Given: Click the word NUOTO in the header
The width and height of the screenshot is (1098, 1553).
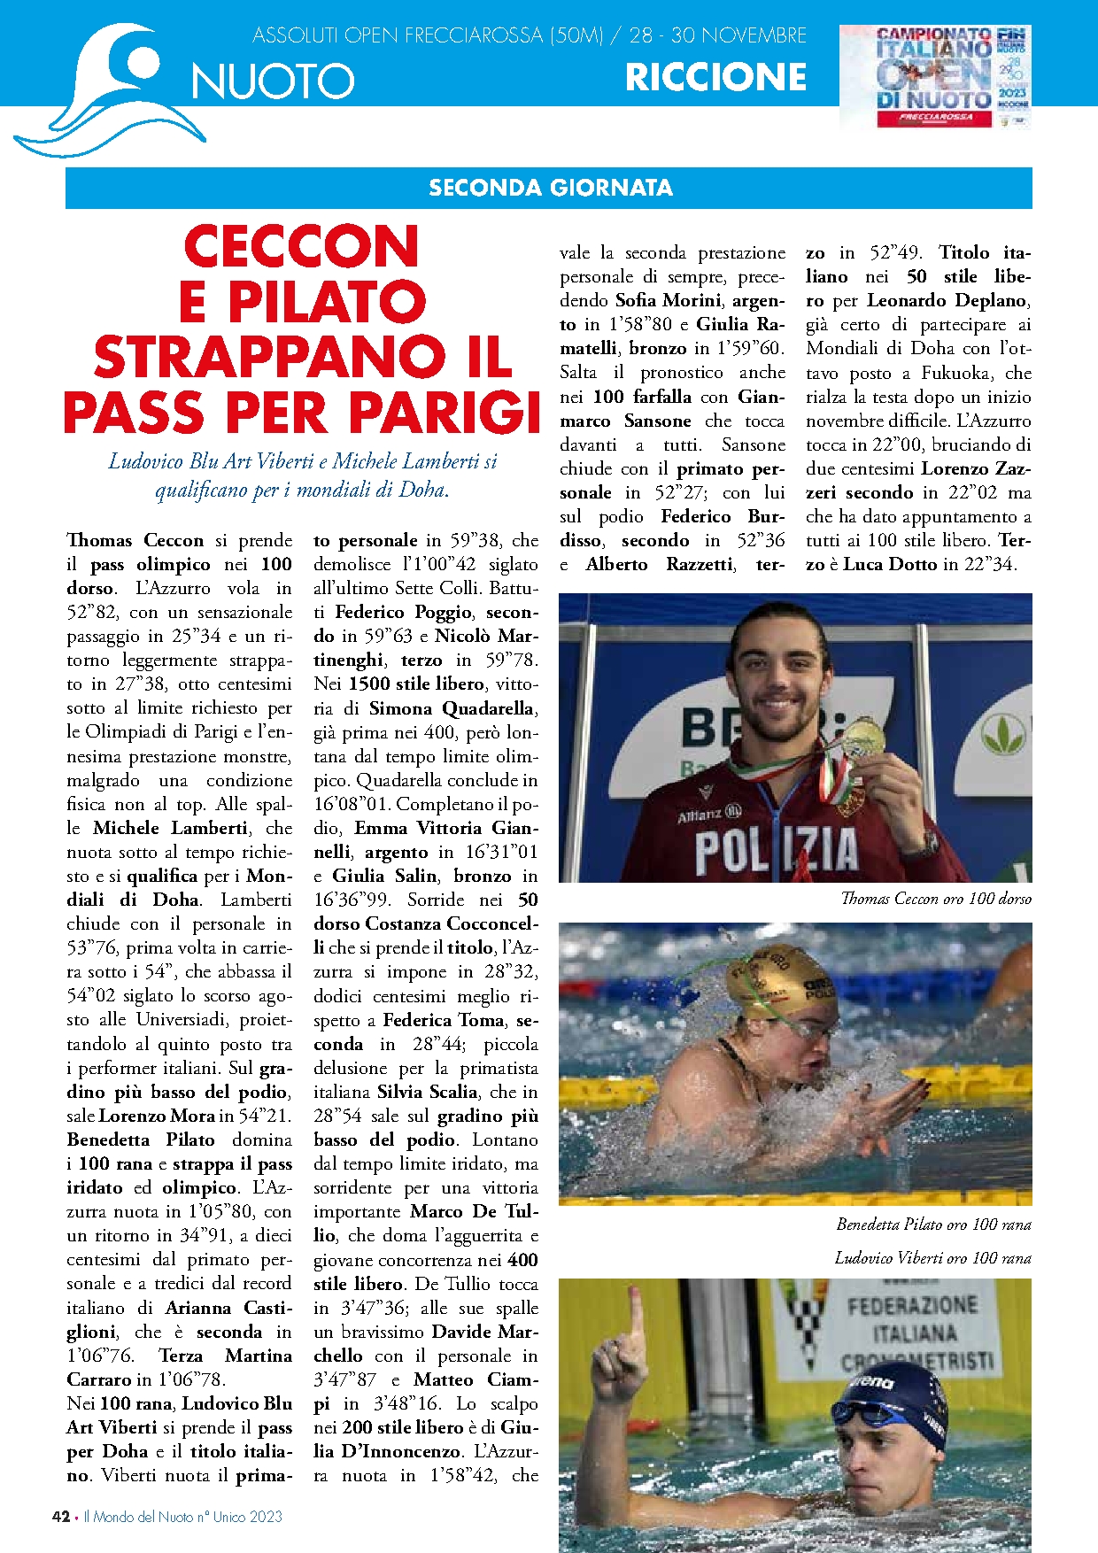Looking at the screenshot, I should [273, 81].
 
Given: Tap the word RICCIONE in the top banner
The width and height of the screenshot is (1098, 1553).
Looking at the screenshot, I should [715, 78].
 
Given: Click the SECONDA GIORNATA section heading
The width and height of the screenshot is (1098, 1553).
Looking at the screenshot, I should [550, 188].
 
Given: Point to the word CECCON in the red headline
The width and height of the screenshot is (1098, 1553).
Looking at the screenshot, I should [301, 246].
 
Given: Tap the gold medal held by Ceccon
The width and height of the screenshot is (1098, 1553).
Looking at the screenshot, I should [862, 738].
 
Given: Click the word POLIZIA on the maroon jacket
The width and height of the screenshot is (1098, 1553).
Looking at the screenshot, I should [776, 850].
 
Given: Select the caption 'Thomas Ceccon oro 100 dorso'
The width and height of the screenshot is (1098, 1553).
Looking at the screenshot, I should [935, 899].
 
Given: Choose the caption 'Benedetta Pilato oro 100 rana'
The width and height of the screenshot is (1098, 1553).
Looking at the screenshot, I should [933, 1225].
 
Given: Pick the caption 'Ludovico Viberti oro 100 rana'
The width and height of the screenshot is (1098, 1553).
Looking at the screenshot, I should [932, 1257].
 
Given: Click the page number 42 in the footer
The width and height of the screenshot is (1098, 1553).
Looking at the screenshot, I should [61, 1516].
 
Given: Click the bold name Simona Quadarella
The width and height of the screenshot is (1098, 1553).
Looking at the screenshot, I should [452, 708].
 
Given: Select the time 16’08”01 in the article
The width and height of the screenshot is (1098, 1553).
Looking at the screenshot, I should [352, 804].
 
